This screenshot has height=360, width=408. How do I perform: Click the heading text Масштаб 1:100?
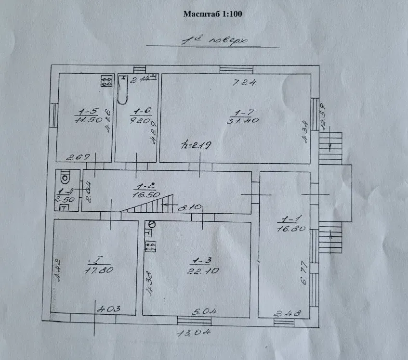tap(212, 13)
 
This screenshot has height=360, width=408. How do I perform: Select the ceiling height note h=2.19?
tap(193, 144)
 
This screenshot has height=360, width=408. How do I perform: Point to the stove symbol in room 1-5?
tap(106, 81)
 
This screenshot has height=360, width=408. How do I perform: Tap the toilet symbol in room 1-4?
tap(65, 179)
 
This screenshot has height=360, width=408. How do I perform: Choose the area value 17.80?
tap(99, 270)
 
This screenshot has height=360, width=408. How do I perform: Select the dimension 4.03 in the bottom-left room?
tap(108, 309)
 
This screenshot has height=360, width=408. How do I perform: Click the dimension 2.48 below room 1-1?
tap(287, 314)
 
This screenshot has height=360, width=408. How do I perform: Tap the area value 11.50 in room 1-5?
tap(88, 120)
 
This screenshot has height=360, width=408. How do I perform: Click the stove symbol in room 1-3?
tap(151, 246)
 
